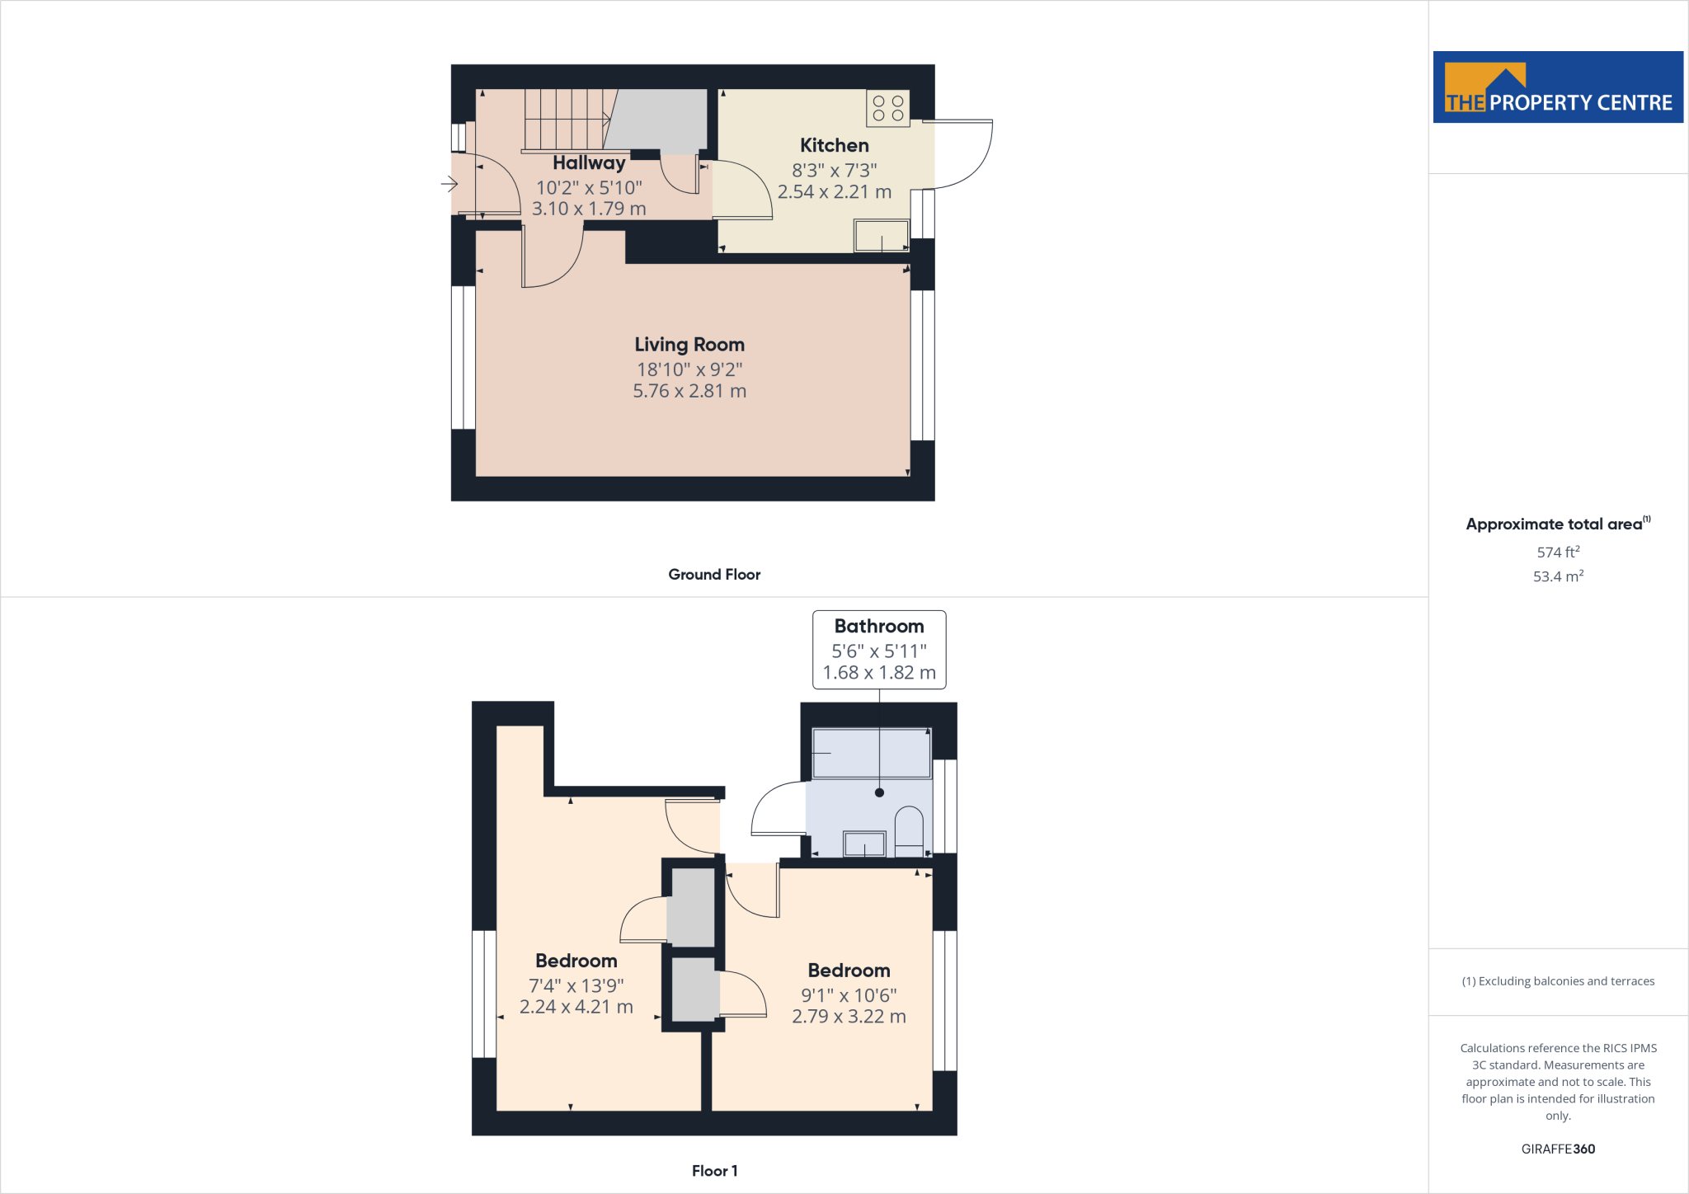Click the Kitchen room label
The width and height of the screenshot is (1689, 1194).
[834, 146]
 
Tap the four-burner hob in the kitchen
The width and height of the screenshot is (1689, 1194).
[888, 108]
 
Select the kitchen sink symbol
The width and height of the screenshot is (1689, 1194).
[881, 237]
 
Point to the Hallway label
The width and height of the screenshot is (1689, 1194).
[589, 163]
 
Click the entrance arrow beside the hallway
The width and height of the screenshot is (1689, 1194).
[449, 183]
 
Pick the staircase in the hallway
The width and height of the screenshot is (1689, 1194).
[566, 120]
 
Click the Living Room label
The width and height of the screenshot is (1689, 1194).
[689, 345]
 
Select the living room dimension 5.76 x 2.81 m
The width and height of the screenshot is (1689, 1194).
[689, 392]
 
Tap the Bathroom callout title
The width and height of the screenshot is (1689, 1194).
[879, 627]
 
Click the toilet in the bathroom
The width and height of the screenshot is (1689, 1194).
[909, 831]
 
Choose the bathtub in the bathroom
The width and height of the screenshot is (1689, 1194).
[871, 753]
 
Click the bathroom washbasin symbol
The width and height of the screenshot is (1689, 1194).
[863, 844]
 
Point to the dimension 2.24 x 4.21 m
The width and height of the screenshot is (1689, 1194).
[576, 1008]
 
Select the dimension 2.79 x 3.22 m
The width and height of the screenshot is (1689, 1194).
[849, 1017]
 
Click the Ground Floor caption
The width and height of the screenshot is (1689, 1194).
[714, 575]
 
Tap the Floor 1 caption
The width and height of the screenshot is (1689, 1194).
[714, 1171]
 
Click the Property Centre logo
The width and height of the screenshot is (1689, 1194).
[1558, 87]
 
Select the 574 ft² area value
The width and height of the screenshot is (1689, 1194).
[1558, 552]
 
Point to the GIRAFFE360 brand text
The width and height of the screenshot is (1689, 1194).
[1558, 1149]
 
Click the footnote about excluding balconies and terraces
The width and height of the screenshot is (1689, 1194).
[1558, 981]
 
